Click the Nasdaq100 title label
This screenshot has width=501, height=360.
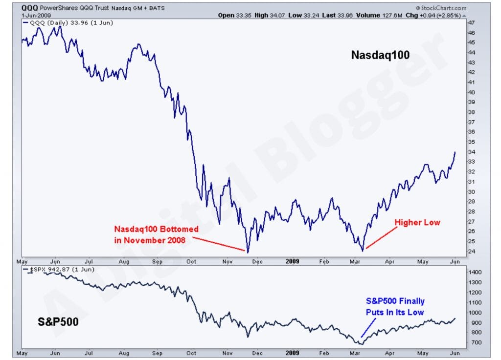[x=380, y=56]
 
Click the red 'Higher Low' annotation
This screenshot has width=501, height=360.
[x=417, y=223]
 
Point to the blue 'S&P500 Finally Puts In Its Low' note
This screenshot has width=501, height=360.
[x=395, y=306]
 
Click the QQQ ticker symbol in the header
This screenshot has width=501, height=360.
[x=30, y=8]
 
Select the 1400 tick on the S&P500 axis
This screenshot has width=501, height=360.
[x=475, y=272]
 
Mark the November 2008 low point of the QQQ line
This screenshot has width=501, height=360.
[x=248, y=252]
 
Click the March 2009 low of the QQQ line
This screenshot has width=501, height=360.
[x=363, y=250]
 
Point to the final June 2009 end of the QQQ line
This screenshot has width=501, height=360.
[x=455, y=152]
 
